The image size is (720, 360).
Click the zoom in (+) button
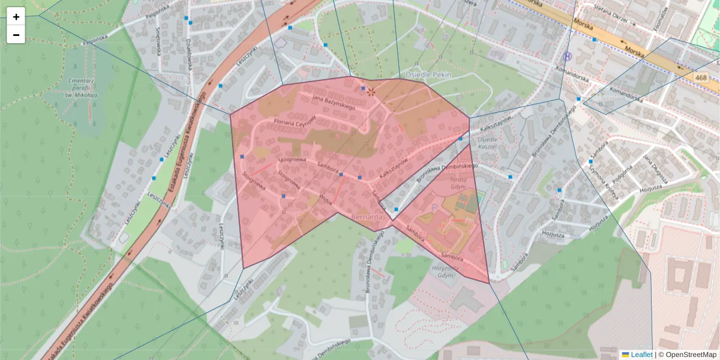tap(16, 17)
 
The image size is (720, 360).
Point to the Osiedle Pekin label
tap(428, 74)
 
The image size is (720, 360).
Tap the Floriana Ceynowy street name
tap(295, 121)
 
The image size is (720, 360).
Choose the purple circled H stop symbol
tap(568, 56)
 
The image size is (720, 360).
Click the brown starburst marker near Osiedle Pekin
tap(371, 92)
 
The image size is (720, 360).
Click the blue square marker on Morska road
tap(595, 40)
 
